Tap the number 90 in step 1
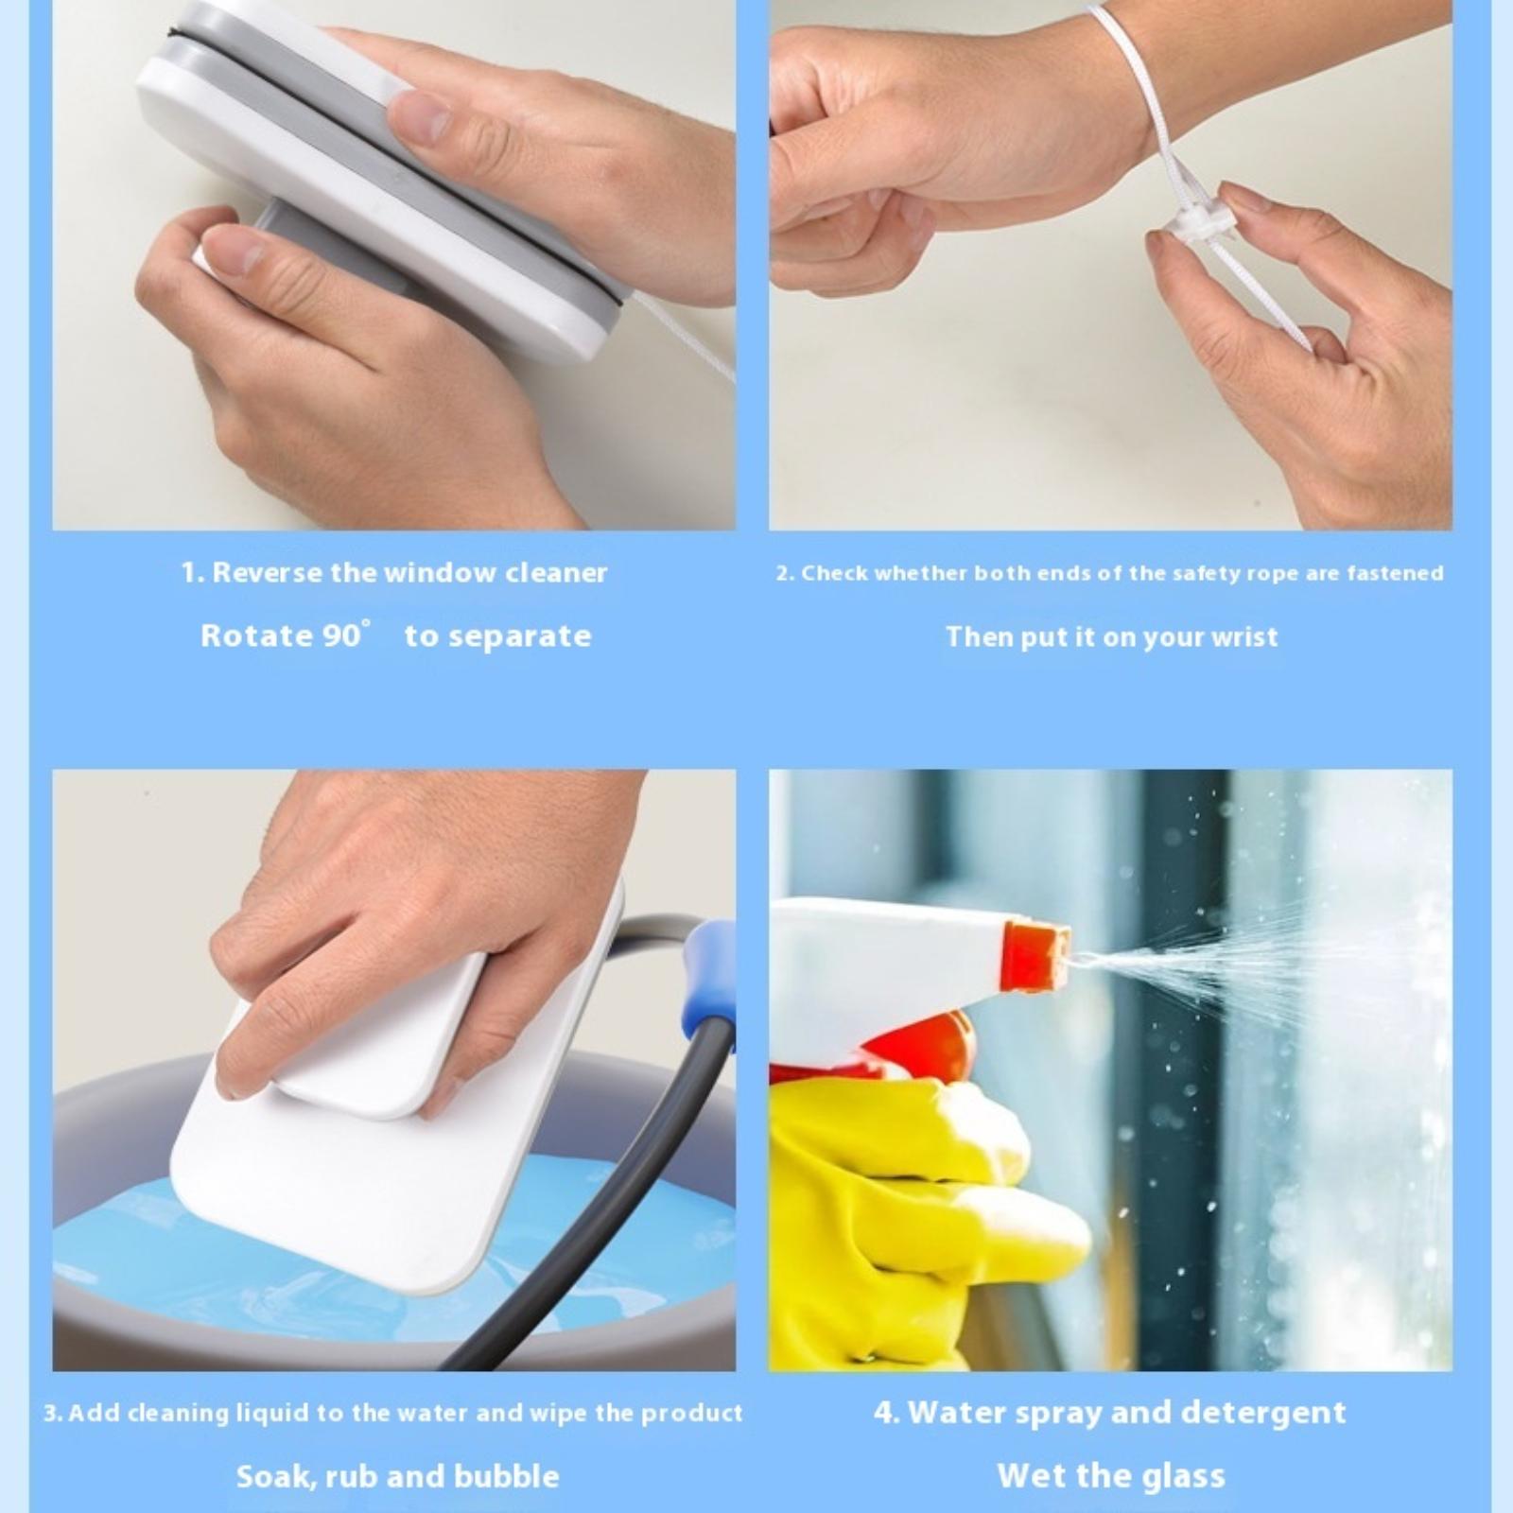tap(341, 635)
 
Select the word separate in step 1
tap(519, 636)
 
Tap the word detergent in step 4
tap(1263, 1413)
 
